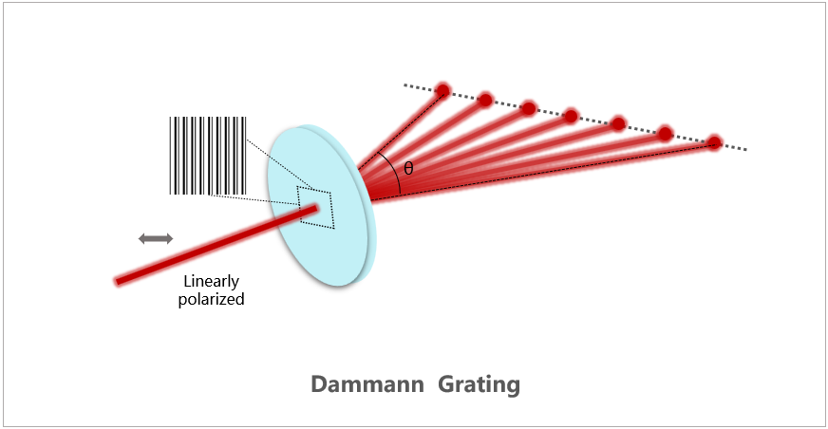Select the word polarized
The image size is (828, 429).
pyautogui.click(x=211, y=299)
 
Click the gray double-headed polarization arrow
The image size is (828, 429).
pyautogui.click(x=156, y=238)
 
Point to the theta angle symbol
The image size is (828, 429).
pyautogui.click(x=409, y=168)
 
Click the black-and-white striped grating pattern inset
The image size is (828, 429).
pyautogui.click(x=208, y=156)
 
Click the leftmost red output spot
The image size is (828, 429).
pyautogui.click(x=442, y=90)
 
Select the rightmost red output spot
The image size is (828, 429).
pyautogui.click(x=714, y=142)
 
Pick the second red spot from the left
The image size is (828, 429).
pyautogui.click(x=485, y=99)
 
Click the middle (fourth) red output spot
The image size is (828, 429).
pyautogui.click(x=571, y=116)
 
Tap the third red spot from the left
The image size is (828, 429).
pyautogui.click(x=528, y=107)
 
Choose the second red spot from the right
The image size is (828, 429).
pyautogui.click(x=666, y=132)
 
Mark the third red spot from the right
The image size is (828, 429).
pyautogui.click(x=618, y=123)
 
